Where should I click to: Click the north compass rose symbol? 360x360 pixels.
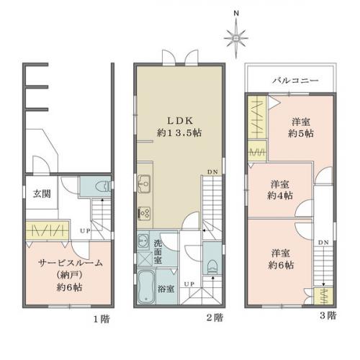[236, 38]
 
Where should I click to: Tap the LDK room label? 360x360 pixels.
[180, 121]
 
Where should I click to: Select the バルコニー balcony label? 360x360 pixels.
[295, 80]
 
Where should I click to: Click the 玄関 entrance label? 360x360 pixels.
[42, 194]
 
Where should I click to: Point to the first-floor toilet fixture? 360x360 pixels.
[103, 186]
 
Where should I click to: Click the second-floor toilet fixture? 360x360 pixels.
[212, 266]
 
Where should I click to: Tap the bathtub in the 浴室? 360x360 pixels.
[146, 287]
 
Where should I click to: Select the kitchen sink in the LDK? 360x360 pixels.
[144, 184]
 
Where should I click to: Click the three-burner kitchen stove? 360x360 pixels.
[144, 213]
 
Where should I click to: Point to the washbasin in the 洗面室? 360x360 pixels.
[143, 240]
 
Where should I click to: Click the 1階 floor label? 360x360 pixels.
[102, 319]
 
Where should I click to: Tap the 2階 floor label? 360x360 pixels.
[215, 318]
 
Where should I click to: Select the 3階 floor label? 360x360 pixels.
[328, 315]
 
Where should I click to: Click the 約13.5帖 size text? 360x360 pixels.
[179, 132]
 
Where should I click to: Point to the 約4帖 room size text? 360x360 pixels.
[280, 196]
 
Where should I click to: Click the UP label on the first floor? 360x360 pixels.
[85, 231]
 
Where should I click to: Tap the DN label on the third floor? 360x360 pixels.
[323, 243]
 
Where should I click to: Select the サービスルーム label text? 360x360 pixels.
[71, 263]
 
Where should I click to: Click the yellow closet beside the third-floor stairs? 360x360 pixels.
[323, 296]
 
